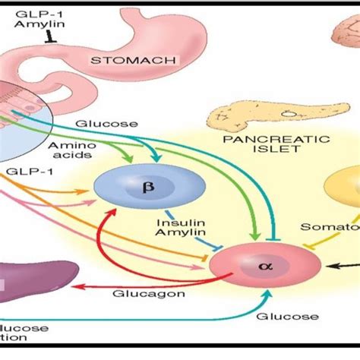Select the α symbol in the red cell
pyautogui.click(x=264, y=267)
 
